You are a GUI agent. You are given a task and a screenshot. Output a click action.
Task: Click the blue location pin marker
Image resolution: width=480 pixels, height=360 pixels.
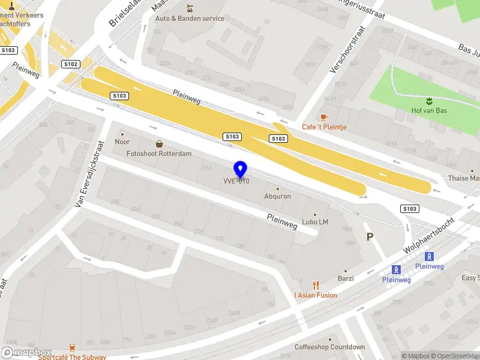240,169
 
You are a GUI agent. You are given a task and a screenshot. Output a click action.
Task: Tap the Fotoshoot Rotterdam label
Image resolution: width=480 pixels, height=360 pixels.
159,154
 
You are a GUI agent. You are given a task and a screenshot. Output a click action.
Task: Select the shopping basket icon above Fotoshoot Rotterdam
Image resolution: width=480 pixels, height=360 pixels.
159,144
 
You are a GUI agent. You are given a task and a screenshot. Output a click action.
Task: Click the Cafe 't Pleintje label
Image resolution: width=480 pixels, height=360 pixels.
325,127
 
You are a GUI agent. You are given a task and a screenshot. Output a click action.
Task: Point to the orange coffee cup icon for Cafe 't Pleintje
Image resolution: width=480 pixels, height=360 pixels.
324,116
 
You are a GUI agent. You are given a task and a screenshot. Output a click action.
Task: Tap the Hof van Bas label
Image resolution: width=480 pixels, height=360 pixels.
429,110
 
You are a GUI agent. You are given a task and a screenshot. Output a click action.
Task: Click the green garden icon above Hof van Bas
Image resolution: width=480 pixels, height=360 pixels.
429,100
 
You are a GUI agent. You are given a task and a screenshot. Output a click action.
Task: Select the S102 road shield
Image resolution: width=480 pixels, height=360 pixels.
71,64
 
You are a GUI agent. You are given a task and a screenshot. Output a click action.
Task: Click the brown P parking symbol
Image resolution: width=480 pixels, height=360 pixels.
370,237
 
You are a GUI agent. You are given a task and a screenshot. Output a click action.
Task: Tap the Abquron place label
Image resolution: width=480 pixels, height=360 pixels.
278,196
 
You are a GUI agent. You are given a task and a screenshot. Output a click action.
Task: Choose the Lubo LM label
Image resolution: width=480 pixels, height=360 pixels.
315,222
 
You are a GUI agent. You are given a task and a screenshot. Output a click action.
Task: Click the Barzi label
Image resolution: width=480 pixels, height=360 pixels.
346,278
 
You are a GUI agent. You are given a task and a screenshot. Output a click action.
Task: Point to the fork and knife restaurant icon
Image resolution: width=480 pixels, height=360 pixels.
316,286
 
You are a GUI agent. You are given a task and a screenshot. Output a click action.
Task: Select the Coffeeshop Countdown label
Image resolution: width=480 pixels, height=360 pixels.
329,347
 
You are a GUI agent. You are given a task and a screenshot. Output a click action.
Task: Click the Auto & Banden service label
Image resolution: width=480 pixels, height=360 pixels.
190,19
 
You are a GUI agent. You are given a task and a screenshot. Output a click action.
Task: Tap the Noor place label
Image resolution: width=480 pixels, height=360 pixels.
122,142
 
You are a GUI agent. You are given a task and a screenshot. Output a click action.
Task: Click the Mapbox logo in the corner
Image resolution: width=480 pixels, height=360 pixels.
26,353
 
